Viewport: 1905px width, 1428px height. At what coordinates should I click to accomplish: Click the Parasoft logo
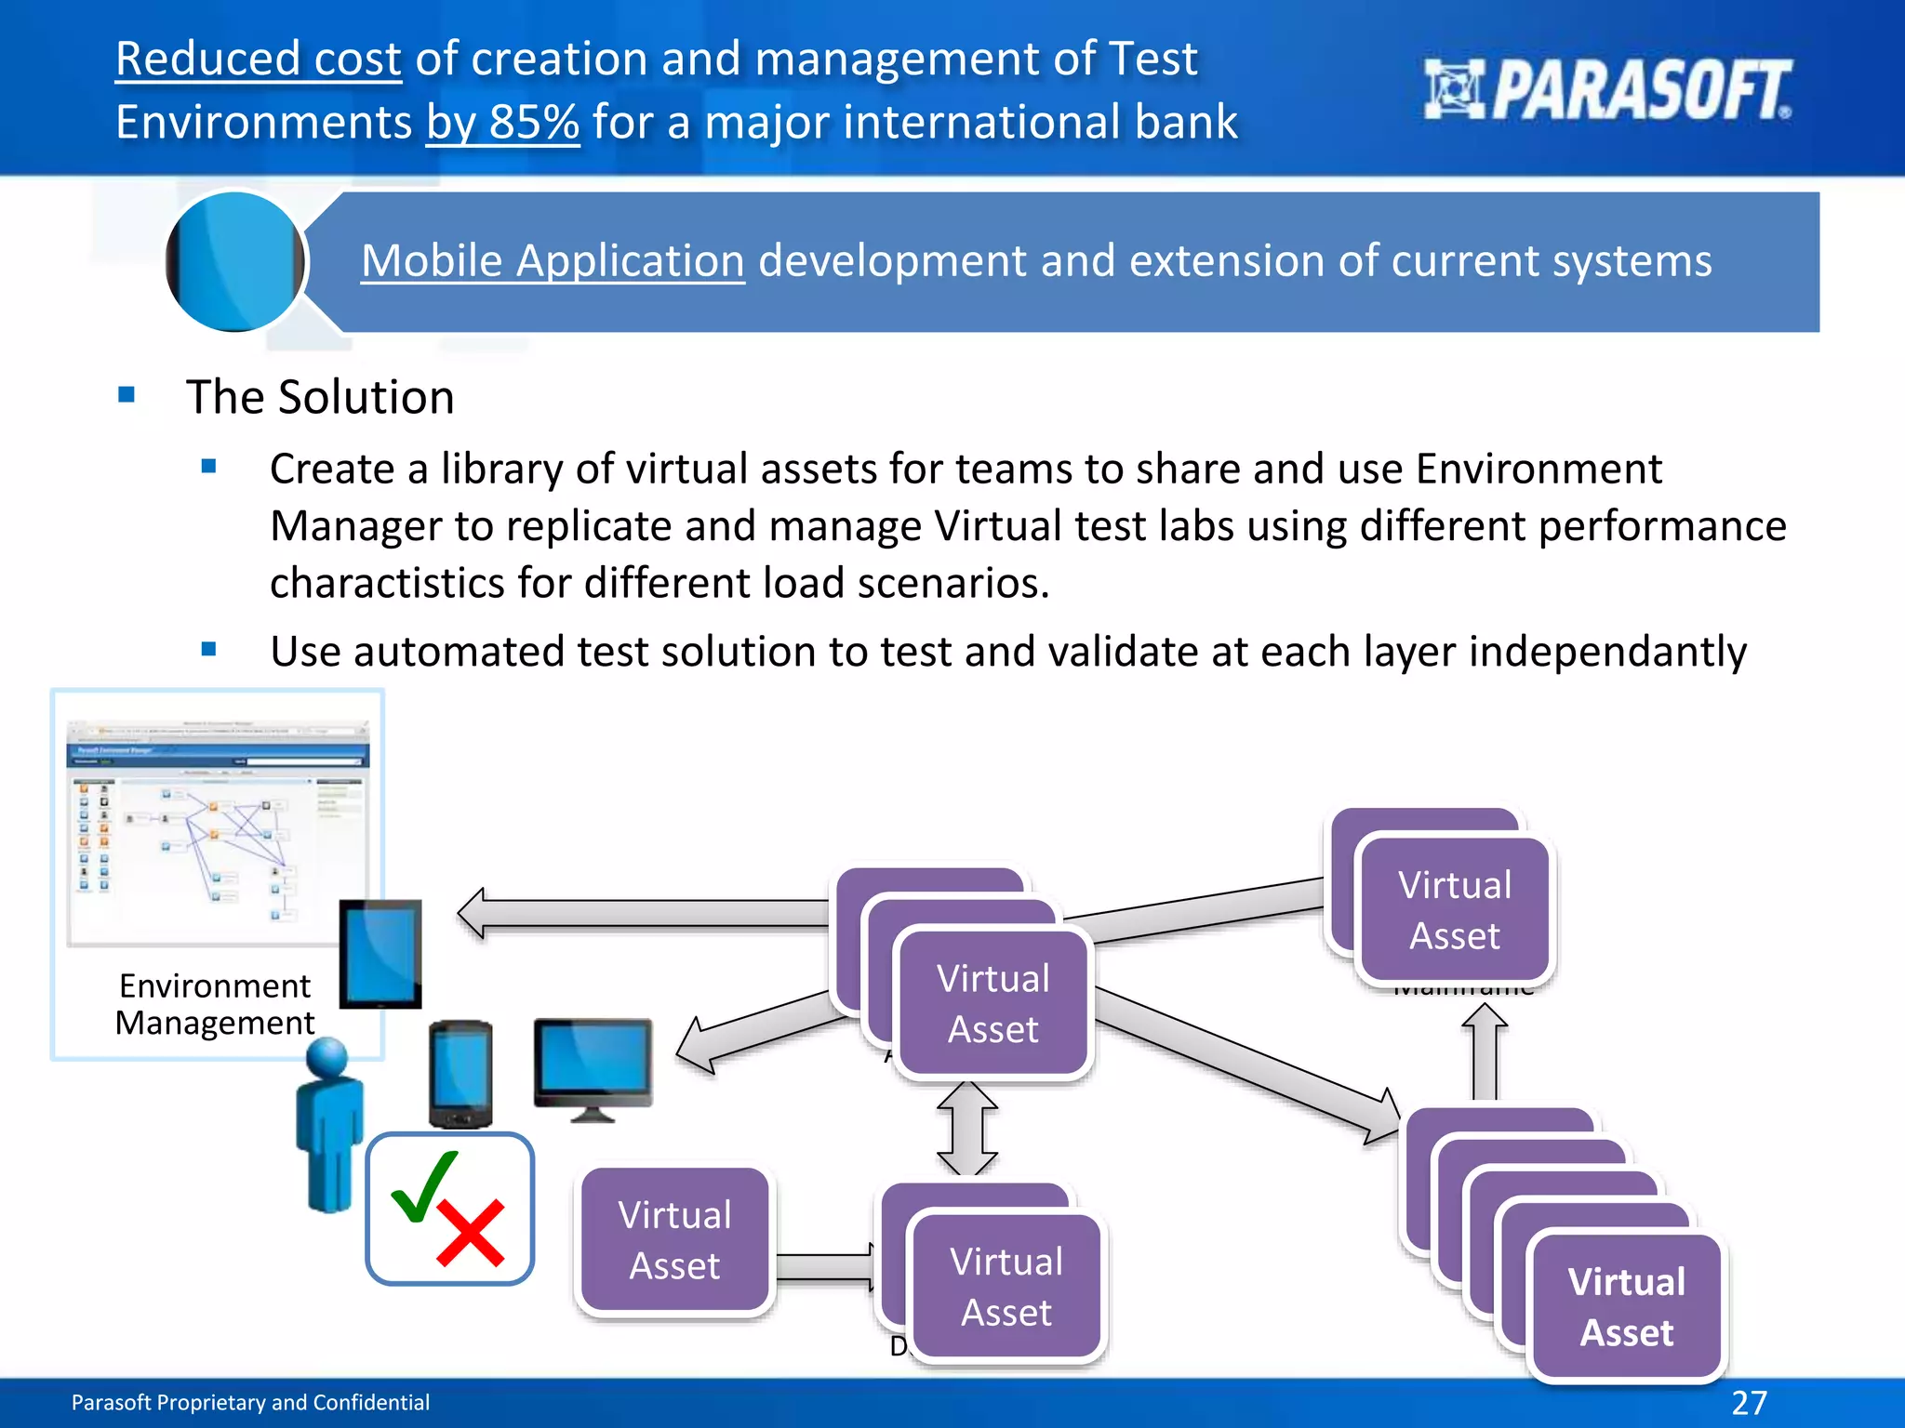pyautogui.click(x=1606, y=89)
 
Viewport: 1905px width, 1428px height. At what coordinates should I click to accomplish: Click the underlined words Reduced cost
pyautogui.click(x=259, y=59)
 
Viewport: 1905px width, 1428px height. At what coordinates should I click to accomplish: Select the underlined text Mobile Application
pyautogui.click(x=553, y=260)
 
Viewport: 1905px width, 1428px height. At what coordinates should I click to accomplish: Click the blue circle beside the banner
pyautogui.click(x=235, y=261)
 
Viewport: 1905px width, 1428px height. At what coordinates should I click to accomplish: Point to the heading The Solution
pyautogui.click(x=320, y=397)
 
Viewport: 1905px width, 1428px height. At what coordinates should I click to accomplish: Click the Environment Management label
pyautogui.click(x=215, y=1004)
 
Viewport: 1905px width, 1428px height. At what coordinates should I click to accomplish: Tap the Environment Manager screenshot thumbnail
pyautogui.click(x=218, y=831)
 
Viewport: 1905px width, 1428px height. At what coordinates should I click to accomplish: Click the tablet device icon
pyautogui.click(x=380, y=954)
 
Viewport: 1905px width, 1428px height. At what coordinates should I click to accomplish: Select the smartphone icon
pyautogui.click(x=460, y=1075)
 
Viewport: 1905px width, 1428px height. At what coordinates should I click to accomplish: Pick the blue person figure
pyautogui.click(x=328, y=1125)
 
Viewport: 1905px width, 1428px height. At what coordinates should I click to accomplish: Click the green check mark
pyautogui.click(x=423, y=1185)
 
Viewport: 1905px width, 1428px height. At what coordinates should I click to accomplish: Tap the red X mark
pyautogui.click(x=471, y=1233)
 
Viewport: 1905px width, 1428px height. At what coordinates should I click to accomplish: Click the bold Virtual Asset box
pyautogui.click(x=1626, y=1306)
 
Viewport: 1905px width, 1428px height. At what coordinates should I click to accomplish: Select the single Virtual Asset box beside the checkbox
pyautogui.click(x=674, y=1240)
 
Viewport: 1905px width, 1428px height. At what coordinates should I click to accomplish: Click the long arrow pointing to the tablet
pyautogui.click(x=651, y=912)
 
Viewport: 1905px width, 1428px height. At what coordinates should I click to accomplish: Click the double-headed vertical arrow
pyautogui.click(x=967, y=1129)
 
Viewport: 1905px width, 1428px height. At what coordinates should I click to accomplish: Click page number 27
pyautogui.click(x=1749, y=1402)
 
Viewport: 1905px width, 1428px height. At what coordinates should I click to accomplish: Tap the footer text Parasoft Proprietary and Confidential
pyautogui.click(x=250, y=1402)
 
